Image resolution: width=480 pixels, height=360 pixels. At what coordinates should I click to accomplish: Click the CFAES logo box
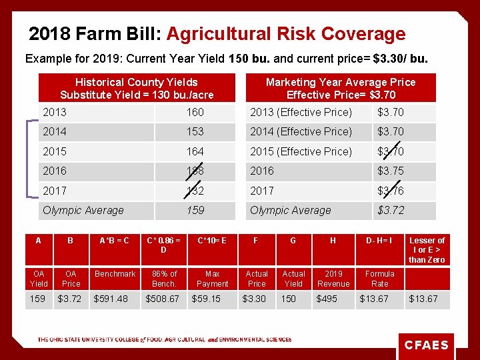427,345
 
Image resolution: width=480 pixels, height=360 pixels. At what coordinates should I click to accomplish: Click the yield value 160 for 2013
195,112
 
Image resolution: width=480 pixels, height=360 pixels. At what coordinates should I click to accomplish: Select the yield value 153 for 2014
195,131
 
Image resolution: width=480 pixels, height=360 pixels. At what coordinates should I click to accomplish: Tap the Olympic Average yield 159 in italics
195,210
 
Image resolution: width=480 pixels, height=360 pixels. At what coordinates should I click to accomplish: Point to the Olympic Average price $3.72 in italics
391,210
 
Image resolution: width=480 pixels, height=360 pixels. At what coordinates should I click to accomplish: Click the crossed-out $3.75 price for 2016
391,171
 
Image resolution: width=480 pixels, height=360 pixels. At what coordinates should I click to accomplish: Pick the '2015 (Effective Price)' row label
301,151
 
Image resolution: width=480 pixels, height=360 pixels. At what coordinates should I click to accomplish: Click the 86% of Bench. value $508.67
163,299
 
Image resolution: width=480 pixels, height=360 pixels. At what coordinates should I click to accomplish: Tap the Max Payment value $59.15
206,299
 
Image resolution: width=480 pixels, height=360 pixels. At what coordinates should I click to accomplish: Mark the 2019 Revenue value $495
327,299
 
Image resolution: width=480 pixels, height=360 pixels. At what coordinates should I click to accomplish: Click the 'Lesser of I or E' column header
427,250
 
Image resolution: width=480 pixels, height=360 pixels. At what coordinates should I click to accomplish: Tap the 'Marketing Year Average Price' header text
340,82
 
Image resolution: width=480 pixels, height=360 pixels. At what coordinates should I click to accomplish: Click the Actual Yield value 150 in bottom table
288,299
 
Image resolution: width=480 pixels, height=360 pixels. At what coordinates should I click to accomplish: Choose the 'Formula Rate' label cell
379,279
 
